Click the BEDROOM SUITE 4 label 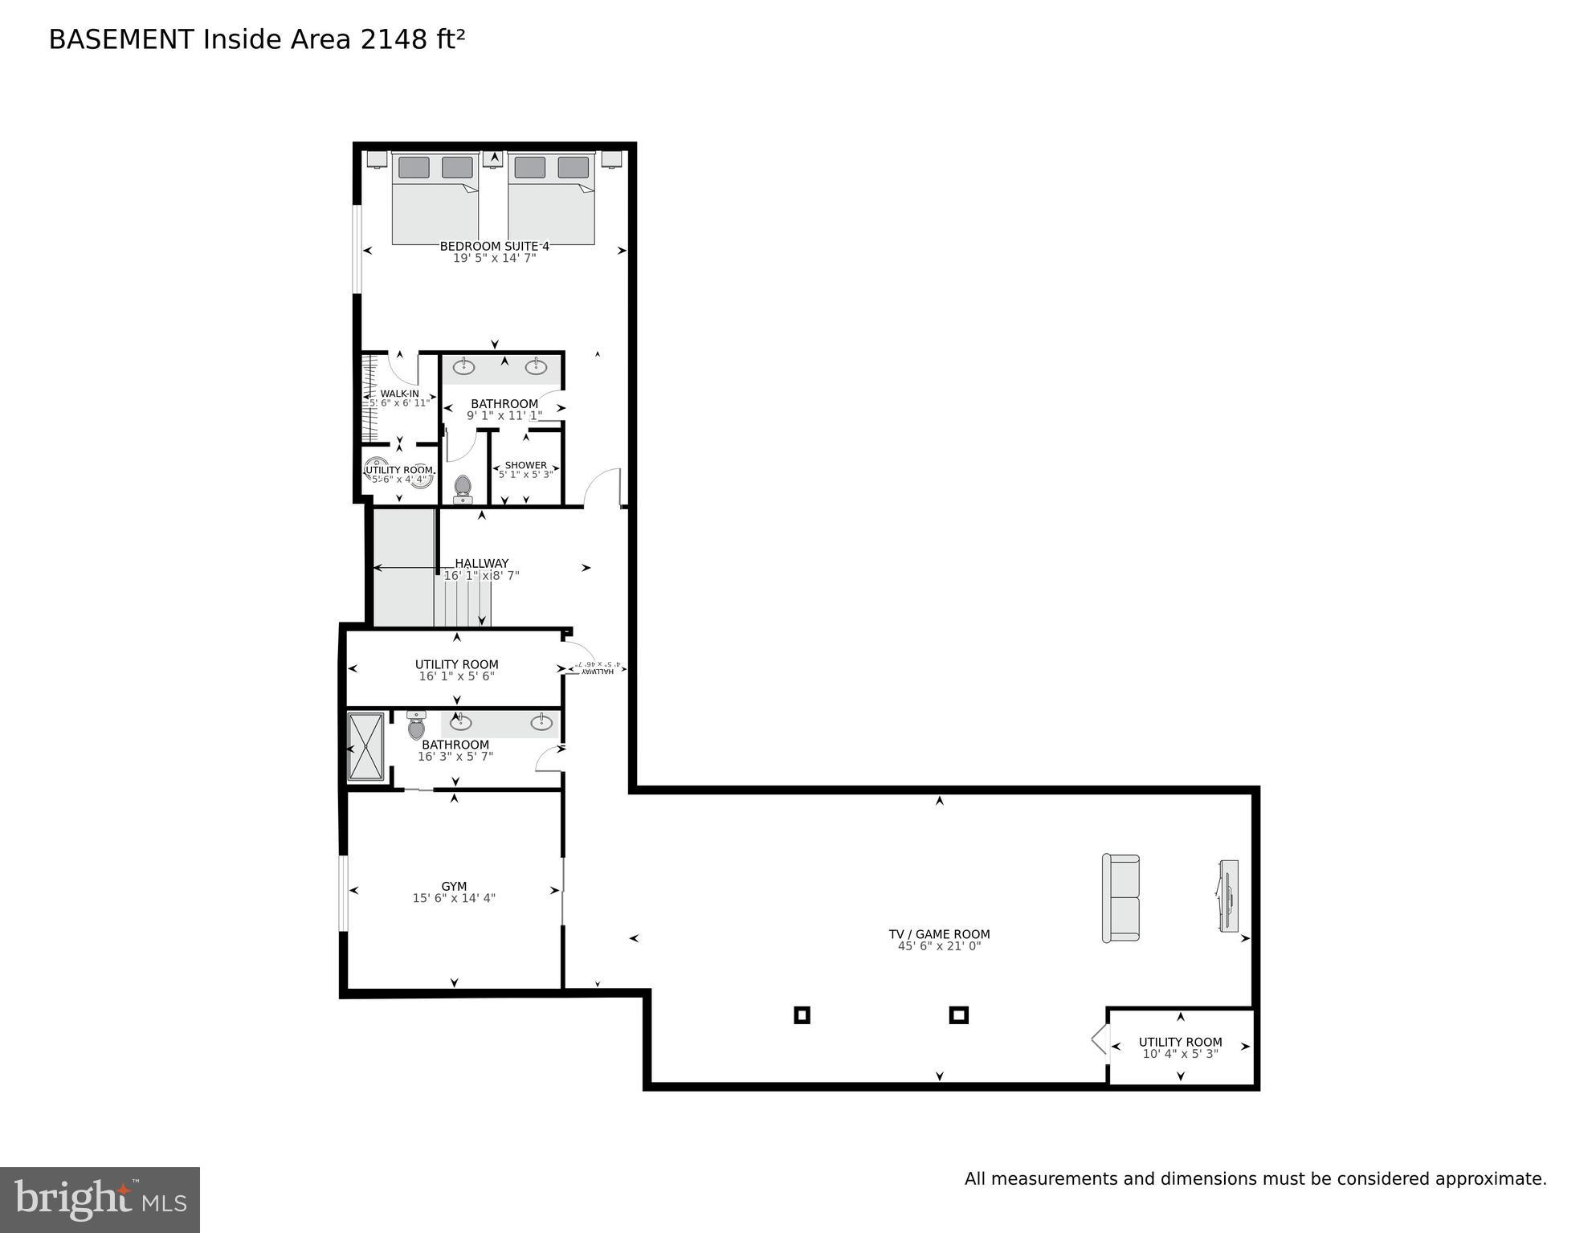(x=494, y=247)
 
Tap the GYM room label (x=454, y=887)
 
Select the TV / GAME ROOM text (x=939, y=934)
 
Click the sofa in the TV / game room (x=1120, y=898)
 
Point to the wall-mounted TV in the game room (x=1228, y=896)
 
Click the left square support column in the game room (x=802, y=1015)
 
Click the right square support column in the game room (x=958, y=1015)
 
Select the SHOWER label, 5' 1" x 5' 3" (x=525, y=465)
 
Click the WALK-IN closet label (x=399, y=394)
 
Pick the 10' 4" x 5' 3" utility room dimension (x=1180, y=1054)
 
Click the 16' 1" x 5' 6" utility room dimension (x=456, y=676)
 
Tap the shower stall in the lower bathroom (x=366, y=747)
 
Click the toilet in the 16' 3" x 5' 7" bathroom (x=416, y=726)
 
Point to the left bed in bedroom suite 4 (x=435, y=201)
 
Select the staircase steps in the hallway (x=462, y=598)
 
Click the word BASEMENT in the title (x=120, y=39)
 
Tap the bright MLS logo (x=100, y=1200)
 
